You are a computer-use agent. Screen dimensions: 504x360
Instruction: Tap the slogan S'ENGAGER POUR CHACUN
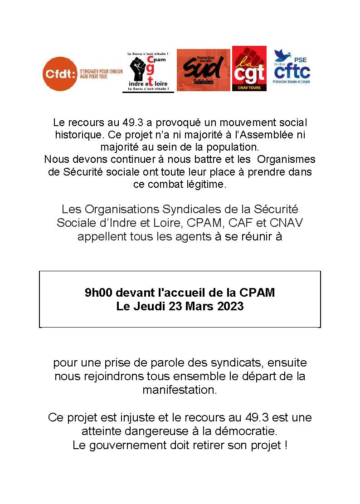101,71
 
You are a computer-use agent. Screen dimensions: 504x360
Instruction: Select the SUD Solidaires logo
203,70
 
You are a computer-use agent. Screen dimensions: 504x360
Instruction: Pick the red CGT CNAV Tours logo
249,69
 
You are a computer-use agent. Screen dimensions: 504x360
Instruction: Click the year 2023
230,306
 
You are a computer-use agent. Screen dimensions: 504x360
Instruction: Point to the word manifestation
180,390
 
